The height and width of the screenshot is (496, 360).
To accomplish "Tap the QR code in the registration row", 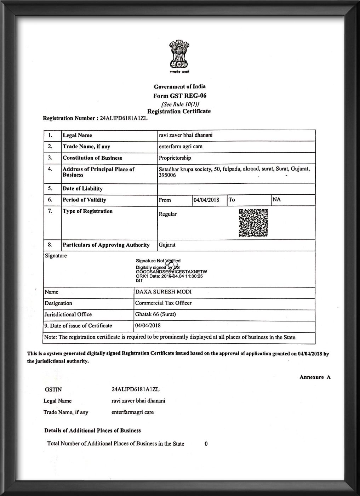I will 253,223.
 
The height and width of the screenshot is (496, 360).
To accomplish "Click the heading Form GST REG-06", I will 179,96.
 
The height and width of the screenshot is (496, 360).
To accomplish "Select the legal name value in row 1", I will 186,135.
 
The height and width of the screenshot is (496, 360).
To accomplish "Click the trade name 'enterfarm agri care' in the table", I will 181,146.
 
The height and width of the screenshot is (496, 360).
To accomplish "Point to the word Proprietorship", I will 175,158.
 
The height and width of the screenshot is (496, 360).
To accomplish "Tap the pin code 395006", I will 167,175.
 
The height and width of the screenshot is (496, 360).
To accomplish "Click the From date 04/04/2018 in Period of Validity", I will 206,200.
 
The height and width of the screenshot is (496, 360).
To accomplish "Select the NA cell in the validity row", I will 277,199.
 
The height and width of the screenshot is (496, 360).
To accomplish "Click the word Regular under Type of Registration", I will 168,214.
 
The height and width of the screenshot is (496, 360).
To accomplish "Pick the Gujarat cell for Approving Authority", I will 167,245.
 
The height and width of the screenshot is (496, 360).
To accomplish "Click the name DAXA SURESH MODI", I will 163,292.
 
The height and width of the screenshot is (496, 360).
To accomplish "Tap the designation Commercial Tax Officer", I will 163,303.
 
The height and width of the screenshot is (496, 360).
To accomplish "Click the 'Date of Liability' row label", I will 82,189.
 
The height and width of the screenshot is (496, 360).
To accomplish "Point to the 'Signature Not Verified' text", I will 158,261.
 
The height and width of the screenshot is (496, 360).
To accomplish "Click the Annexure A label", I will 315,377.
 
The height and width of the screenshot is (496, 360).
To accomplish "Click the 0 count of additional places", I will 206,444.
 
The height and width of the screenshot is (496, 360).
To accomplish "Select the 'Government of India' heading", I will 179,86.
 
